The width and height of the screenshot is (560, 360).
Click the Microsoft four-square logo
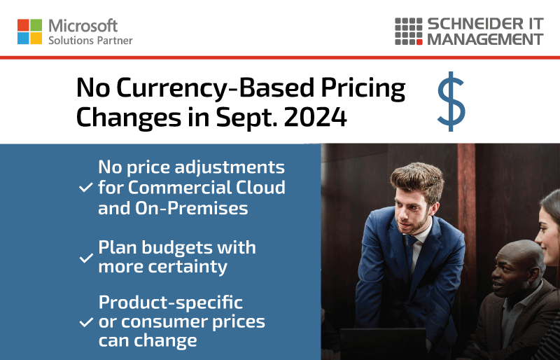point(29,32)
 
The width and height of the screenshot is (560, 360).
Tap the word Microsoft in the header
point(83,26)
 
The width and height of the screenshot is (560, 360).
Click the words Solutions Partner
point(90,41)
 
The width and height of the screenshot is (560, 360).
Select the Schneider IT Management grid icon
point(409,32)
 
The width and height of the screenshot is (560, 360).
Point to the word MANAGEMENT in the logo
point(485,39)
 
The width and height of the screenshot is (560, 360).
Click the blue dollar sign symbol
point(451,102)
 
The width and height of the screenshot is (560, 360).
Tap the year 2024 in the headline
point(316,117)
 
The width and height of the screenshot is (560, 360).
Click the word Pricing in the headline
point(363,89)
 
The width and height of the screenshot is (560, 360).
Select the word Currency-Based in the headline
point(216,89)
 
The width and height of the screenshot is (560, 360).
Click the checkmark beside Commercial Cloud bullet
point(86,187)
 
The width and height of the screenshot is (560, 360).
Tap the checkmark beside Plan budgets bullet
point(86,258)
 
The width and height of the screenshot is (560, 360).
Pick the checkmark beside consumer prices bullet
point(86,322)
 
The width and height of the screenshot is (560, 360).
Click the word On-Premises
point(191,208)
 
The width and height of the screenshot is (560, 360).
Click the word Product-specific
point(171,303)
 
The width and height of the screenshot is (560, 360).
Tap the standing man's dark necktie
point(409,254)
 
